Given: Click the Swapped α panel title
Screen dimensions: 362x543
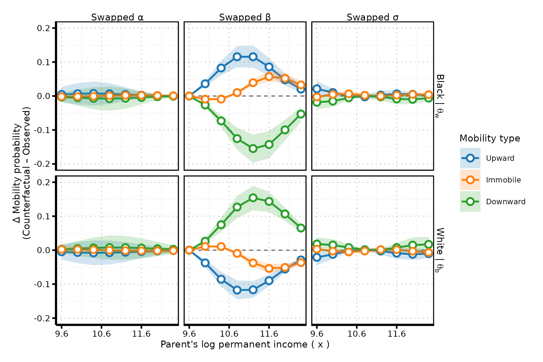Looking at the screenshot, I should (117, 17).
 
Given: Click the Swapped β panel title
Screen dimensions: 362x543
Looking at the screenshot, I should (245, 17).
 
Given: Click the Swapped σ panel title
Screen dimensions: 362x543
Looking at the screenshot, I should (373, 17).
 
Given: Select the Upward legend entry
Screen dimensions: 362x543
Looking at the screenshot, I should (500, 158).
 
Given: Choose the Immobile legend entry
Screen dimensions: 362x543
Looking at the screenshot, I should (503, 180).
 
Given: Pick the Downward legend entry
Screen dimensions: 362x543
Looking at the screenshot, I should (506, 202).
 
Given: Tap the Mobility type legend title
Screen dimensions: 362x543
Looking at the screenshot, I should (490, 138).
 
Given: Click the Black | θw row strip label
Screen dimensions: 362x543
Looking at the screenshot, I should (440, 96).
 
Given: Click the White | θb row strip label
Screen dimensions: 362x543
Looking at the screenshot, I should (440, 250).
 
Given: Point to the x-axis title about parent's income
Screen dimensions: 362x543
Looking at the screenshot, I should (245, 345).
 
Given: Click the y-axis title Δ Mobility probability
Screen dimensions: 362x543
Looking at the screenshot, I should (22, 173).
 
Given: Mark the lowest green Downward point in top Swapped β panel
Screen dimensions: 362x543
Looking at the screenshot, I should (253, 148).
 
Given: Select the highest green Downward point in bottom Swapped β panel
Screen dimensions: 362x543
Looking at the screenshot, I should (253, 198).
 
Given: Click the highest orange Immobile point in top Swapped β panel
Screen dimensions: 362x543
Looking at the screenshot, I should (269, 77).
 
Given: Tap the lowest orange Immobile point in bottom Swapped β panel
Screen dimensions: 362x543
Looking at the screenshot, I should (269, 268).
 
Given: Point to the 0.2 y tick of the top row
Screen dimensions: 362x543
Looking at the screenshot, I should (43, 28).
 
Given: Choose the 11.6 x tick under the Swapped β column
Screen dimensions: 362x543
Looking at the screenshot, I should (269, 334).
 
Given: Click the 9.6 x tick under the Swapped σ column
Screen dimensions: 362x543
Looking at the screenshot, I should (317, 334).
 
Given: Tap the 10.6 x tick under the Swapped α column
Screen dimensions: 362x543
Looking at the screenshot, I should (101, 334).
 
